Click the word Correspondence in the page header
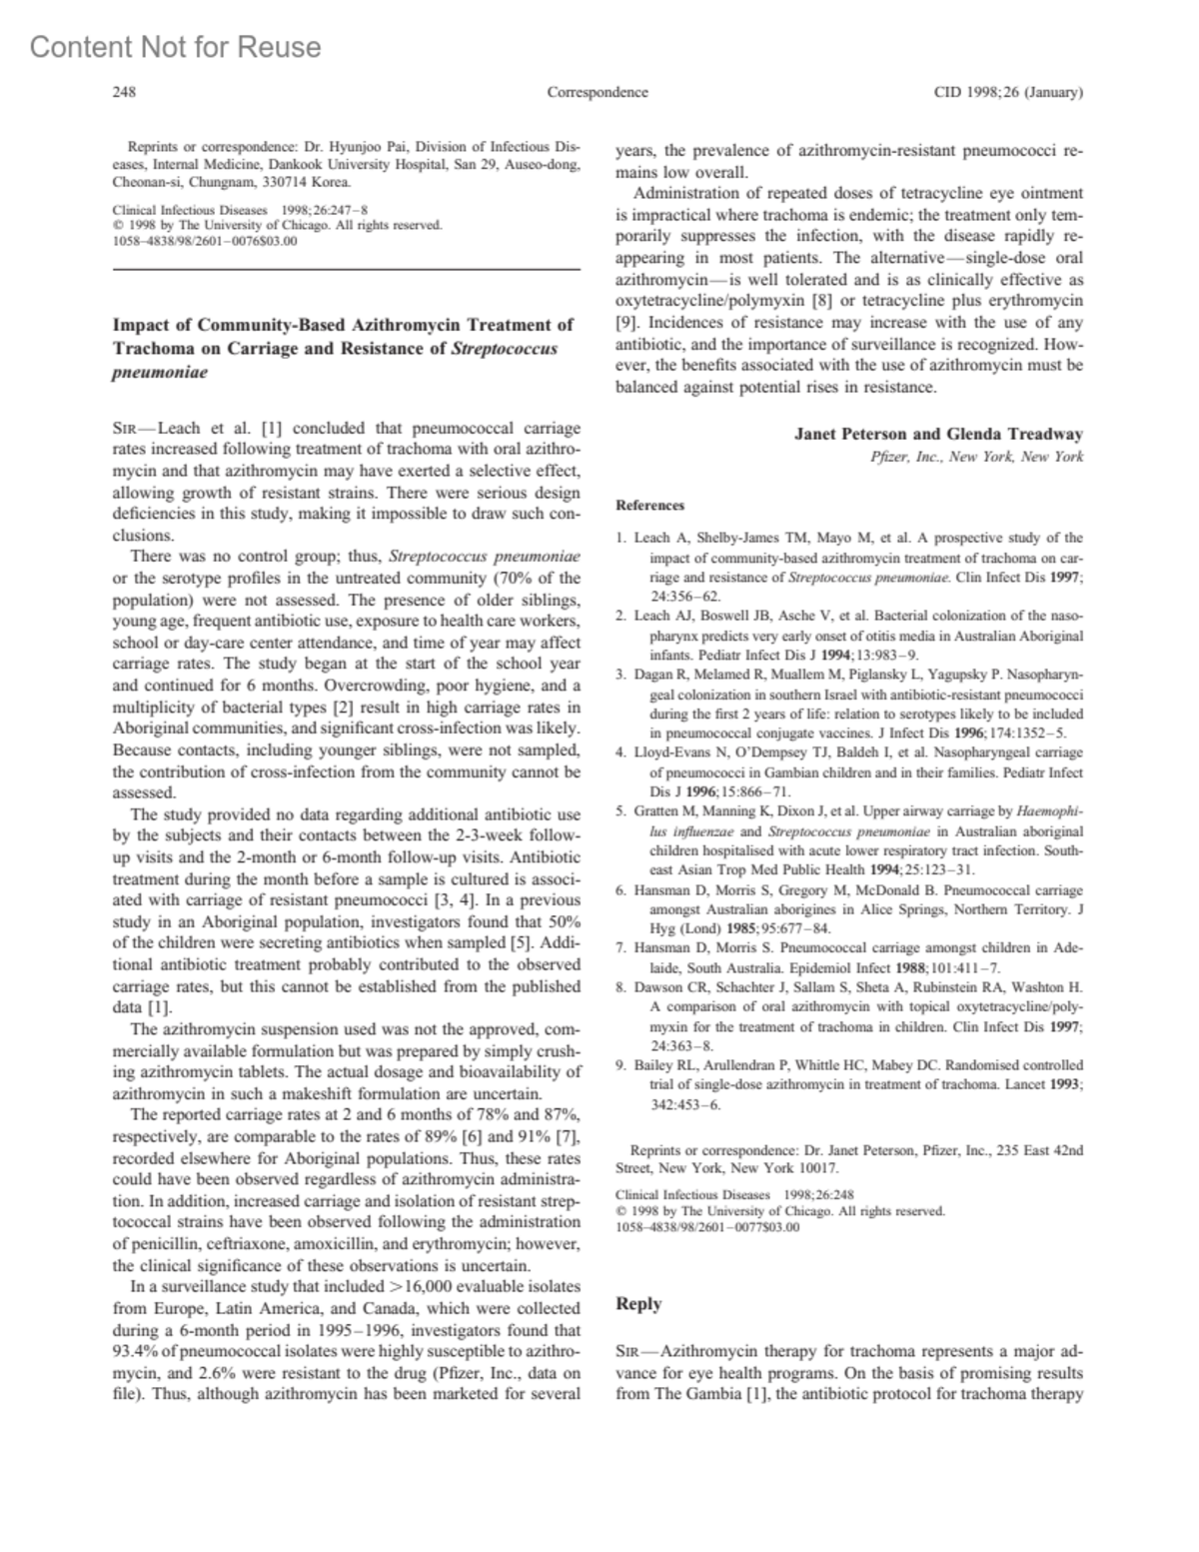(598, 93)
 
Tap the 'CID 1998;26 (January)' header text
(1008, 93)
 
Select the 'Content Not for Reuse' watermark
(176, 47)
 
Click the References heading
(650, 506)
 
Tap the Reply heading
(638, 1303)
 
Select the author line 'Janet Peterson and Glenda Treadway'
(938, 434)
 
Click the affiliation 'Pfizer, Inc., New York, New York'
(977, 457)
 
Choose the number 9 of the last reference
(620, 1065)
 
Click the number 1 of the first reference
(620, 538)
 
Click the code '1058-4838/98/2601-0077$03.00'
(707, 1228)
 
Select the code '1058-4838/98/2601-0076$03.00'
(205, 241)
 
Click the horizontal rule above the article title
(346, 270)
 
